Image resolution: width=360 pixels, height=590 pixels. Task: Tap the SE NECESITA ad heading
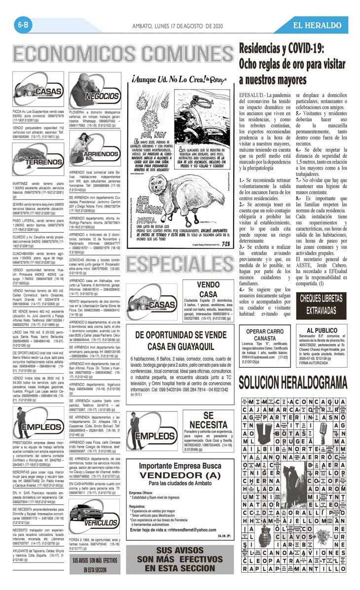[208, 419]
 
